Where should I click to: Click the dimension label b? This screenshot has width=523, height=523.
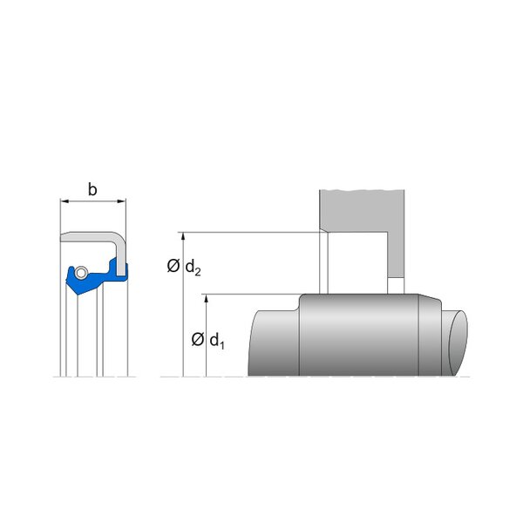tap(92, 190)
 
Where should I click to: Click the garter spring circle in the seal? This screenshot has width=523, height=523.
tap(81, 272)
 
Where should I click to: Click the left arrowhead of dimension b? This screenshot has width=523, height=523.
tap(65, 201)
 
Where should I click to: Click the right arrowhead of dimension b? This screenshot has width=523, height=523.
tap(122, 201)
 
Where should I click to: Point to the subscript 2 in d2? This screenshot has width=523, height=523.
tap(197, 271)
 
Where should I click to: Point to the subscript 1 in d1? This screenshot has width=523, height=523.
tap(221, 345)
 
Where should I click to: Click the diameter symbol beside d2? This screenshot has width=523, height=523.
tap(173, 266)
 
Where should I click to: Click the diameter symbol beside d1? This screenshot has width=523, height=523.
tap(198, 340)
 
